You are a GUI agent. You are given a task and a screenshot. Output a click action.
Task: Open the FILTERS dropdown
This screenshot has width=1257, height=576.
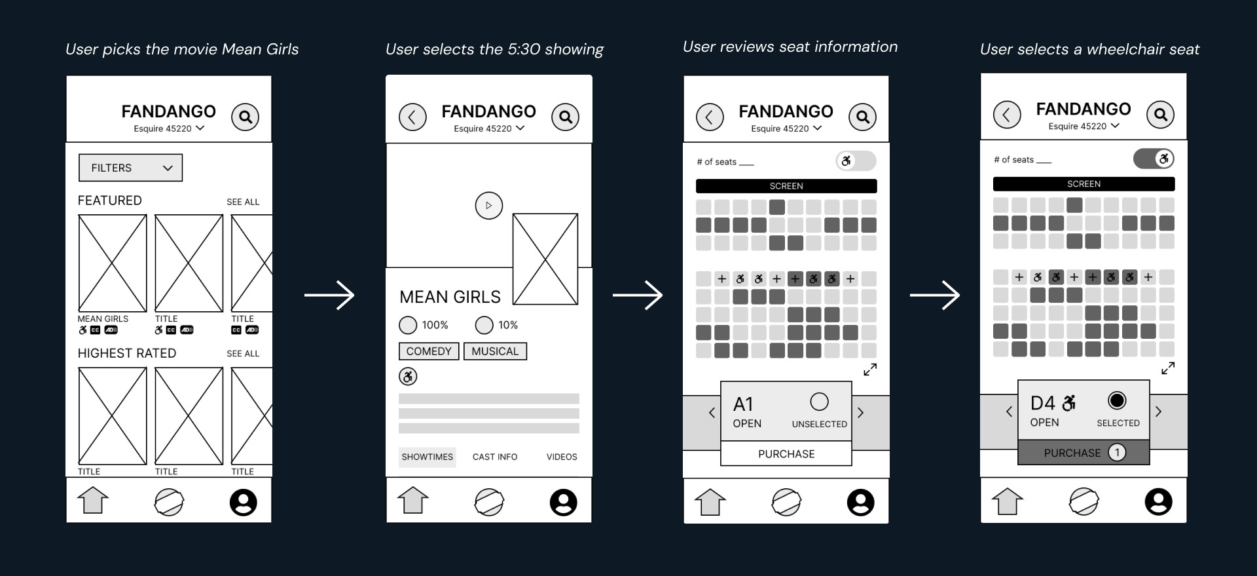click(130, 168)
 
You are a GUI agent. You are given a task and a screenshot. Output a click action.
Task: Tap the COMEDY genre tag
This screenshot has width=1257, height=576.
click(429, 351)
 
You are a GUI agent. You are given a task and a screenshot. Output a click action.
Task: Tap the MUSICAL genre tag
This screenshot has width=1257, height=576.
click(495, 351)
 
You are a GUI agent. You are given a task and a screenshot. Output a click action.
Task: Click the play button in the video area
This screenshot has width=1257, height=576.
click(488, 206)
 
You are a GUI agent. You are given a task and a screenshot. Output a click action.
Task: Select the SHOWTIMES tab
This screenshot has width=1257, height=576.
click(427, 457)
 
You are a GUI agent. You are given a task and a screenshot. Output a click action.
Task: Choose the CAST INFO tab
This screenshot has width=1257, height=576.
click(495, 457)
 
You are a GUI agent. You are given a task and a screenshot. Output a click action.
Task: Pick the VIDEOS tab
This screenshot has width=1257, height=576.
click(562, 457)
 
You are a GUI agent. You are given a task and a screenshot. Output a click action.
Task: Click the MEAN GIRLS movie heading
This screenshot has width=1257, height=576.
click(450, 298)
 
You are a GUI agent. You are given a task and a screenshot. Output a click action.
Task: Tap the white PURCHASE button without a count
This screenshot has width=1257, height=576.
click(786, 453)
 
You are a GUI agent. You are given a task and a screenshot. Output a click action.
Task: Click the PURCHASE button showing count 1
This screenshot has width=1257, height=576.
click(1084, 452)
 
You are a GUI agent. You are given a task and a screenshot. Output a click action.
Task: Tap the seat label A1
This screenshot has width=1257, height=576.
click(743, 404)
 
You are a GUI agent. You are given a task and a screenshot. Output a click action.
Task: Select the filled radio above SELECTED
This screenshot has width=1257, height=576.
click(1117, 400)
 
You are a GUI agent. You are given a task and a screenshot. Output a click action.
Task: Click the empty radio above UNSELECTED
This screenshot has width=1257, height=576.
click(819, 401)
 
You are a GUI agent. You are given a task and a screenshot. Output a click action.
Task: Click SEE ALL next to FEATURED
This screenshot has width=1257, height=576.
click(243, 202)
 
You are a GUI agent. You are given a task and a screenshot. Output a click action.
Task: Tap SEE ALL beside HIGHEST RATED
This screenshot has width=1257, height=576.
click(243, 353)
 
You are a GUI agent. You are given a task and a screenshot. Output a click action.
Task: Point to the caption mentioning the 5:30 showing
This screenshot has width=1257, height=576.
click(494, 49)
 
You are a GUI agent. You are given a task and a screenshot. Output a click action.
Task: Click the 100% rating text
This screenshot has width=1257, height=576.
click(435, 325)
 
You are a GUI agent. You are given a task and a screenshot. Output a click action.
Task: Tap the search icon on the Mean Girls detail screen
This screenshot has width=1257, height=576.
click(565, 117)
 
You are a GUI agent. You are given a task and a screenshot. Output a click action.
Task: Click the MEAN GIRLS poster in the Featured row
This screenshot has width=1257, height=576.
click(113, 263)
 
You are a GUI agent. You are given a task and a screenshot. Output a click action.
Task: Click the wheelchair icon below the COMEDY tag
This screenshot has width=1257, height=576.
click(408, 376)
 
